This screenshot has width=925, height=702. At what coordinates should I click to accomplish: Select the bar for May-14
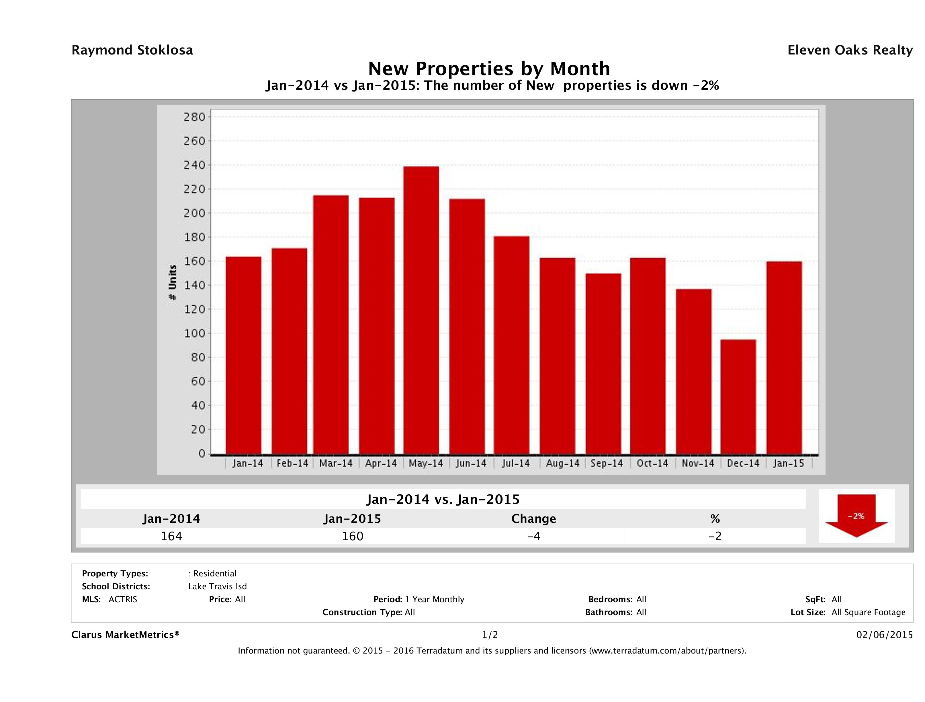coord(421,310)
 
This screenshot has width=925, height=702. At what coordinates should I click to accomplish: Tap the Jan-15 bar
coord(784,358)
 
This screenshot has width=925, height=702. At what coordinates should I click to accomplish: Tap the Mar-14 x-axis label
coord(335,463)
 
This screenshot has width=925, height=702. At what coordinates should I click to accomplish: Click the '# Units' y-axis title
coord(172,283)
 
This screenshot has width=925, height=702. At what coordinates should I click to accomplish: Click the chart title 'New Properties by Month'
coord(489,68)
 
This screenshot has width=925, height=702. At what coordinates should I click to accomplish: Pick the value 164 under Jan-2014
coord(171,536)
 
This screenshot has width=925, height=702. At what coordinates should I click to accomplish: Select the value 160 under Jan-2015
coord(353,536)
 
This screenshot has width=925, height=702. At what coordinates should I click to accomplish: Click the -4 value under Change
coord(534,536)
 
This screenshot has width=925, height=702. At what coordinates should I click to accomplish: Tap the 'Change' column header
coord(534,519)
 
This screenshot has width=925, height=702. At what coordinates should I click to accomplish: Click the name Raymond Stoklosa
coord(132,50)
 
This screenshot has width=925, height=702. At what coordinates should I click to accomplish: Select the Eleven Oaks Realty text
coord(850,50)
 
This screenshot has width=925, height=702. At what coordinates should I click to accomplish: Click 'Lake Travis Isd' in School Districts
coord(218,586)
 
